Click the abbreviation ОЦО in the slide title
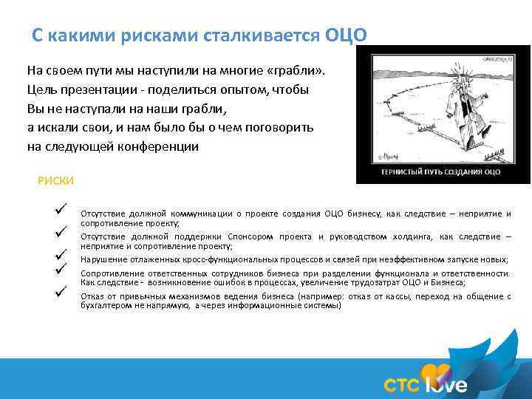pyautogui.click(x=344, y=36)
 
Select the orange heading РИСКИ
pyautogui.click(x=55, y=180)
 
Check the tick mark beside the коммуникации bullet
pyautogui.click(x=61, y=209)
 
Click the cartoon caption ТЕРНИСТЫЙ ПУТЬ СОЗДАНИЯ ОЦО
pyautogui.click(x=440, y=172)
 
